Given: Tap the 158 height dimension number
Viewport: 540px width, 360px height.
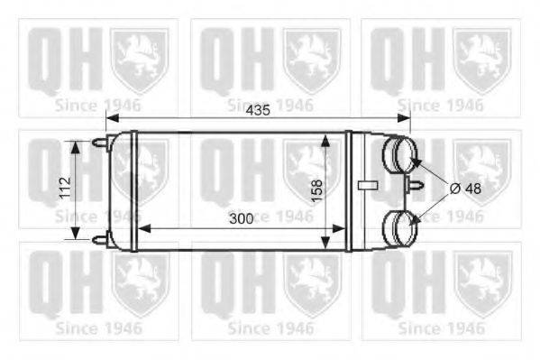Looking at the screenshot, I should (x=317, y=189).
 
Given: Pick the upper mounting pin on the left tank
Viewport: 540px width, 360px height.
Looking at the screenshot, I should (x=99, y=143).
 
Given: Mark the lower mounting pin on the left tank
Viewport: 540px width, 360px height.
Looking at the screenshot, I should (x=99, y=238).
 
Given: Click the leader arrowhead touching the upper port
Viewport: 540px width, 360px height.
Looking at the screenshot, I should (x=416, y=162).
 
